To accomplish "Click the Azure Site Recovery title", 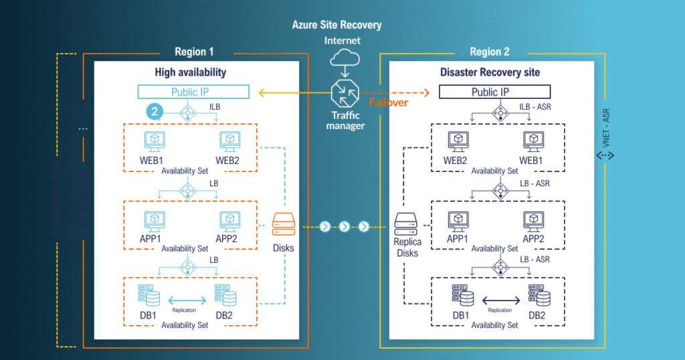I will point(336,25).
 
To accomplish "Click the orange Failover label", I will point(389,102).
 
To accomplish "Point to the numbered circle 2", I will point(155,112).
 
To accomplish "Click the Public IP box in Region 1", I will point(193,92).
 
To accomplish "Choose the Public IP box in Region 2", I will point(494,92).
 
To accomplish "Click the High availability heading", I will point(191,72).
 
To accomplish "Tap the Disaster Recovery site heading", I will point(490,72).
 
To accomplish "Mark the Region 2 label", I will point(490,52).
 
